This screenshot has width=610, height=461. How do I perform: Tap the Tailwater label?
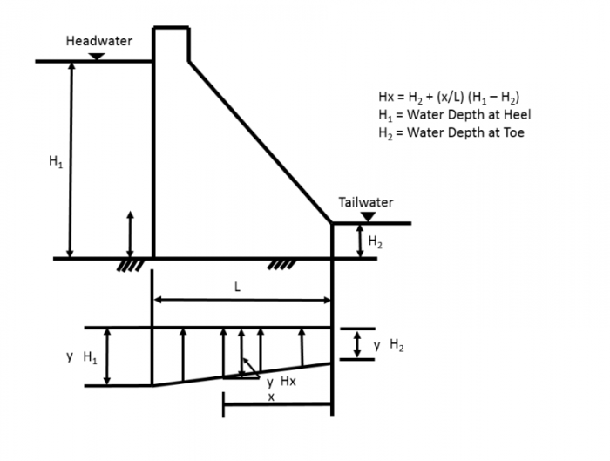pyautogui.click(x=365, y=202)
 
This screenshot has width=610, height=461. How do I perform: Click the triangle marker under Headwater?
pyautogui.click(x=98, y=56)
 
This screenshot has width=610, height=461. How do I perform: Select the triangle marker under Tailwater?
pyautogui.click(x=368, y=217)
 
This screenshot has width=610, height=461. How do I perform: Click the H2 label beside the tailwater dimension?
pyautogui.click(x=375, y=242)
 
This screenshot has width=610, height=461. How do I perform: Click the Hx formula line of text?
pyautogui.click(x=449, y=97)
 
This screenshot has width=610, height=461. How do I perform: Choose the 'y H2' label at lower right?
pyautogui.click(x=388, y=345)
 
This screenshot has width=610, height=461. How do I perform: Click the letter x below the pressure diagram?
pyautogui.click(x=271, y=397)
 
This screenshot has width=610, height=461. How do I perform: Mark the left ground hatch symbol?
pyautogui.click(x=130, y=264)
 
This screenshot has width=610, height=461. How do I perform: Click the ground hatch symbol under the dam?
pyautogui.click(x=280, y=264)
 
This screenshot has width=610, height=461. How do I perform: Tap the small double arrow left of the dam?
pyautogui.click(x=130, y=233)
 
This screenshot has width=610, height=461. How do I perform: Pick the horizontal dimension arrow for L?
pyautogui.click(x=243, y=302)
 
